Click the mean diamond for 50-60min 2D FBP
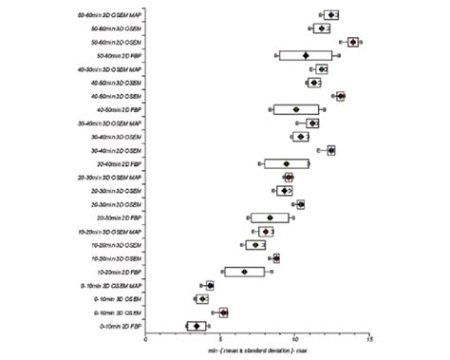tap(306, 56)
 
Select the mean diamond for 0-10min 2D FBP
tap(197, 326)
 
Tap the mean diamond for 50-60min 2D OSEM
tap(353, 42)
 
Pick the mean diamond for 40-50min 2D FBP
tap(296, 110)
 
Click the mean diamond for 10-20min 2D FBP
tap(245, 272)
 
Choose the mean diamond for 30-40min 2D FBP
tap(287, 164)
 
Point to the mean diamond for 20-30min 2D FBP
tap(271, 218)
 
